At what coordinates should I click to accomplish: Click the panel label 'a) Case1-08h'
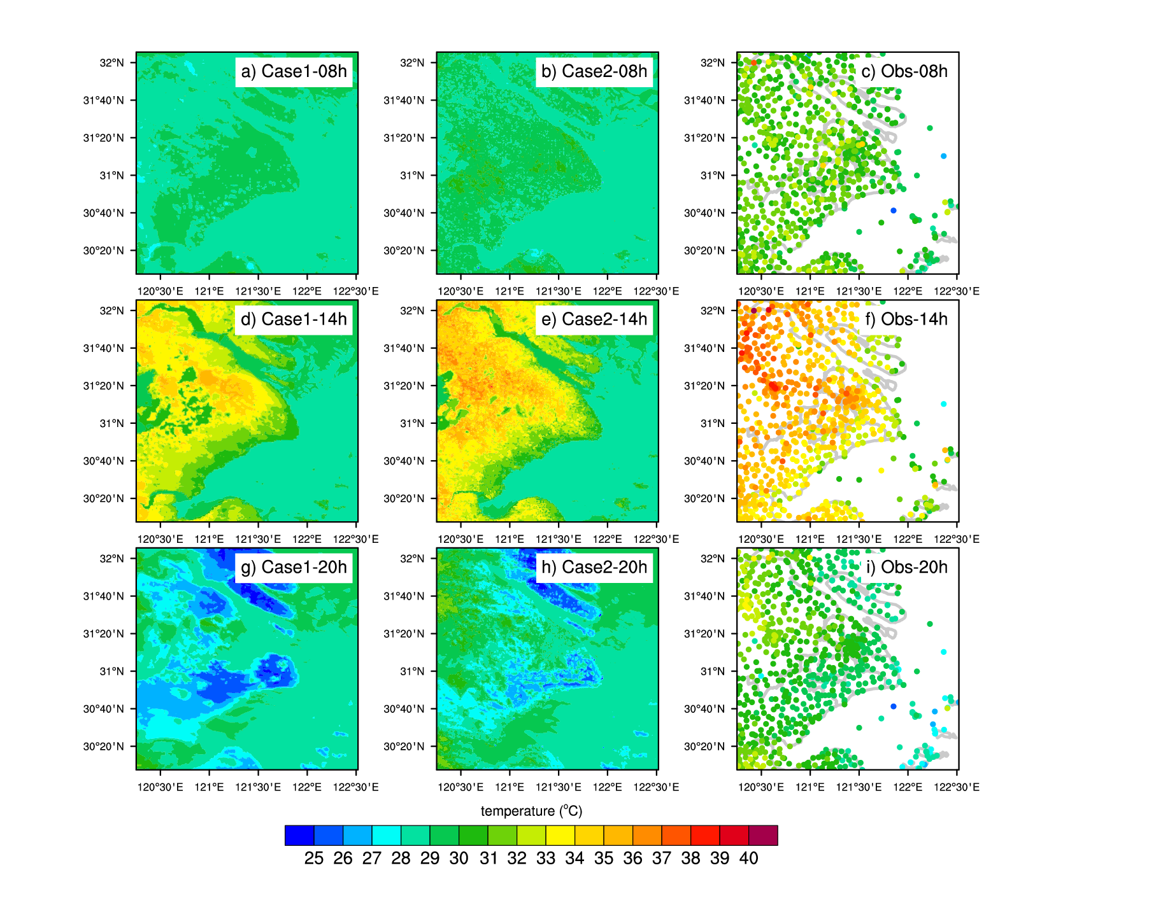coord(294,71)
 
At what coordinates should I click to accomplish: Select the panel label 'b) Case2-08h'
coord(594,71)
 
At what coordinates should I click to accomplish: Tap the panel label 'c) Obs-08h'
coord(904,71)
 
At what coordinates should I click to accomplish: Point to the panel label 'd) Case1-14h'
coord(294,319)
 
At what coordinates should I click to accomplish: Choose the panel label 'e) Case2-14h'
coord(594,319)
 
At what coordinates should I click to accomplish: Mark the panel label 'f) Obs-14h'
coord(906,319)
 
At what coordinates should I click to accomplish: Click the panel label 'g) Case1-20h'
coord(294,567)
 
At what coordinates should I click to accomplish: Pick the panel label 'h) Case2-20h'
coord(594,567)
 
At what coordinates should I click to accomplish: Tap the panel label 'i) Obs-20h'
coord(906,567)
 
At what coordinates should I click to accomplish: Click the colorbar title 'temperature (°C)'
coord(531,811)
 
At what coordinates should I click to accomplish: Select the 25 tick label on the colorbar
coord(314,859)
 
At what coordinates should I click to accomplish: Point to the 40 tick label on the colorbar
coord(749,859)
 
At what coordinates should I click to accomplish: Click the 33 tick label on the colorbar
coord(546,859)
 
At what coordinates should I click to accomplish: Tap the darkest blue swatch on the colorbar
coord(299,835)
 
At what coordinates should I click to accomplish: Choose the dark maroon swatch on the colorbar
coord(763,835)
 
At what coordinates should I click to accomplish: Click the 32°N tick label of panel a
coord(111,63)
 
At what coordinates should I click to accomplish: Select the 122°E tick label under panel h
coord(608,787)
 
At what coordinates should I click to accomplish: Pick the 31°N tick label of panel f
coord(713,423)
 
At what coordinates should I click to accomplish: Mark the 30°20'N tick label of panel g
coord(104,747)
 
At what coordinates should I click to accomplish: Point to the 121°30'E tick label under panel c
coord(859,291)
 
